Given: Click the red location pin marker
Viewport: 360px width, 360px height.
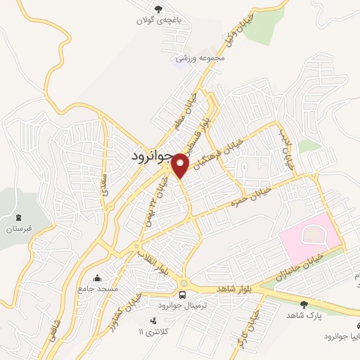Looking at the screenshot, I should (181, 165).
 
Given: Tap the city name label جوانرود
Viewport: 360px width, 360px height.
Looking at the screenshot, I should (151, 157).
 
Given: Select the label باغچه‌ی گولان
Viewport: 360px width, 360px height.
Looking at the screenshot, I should (159, 21).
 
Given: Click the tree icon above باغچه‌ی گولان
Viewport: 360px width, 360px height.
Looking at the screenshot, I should (159, 9).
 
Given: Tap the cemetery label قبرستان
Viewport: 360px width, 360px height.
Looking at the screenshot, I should (20, 229).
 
